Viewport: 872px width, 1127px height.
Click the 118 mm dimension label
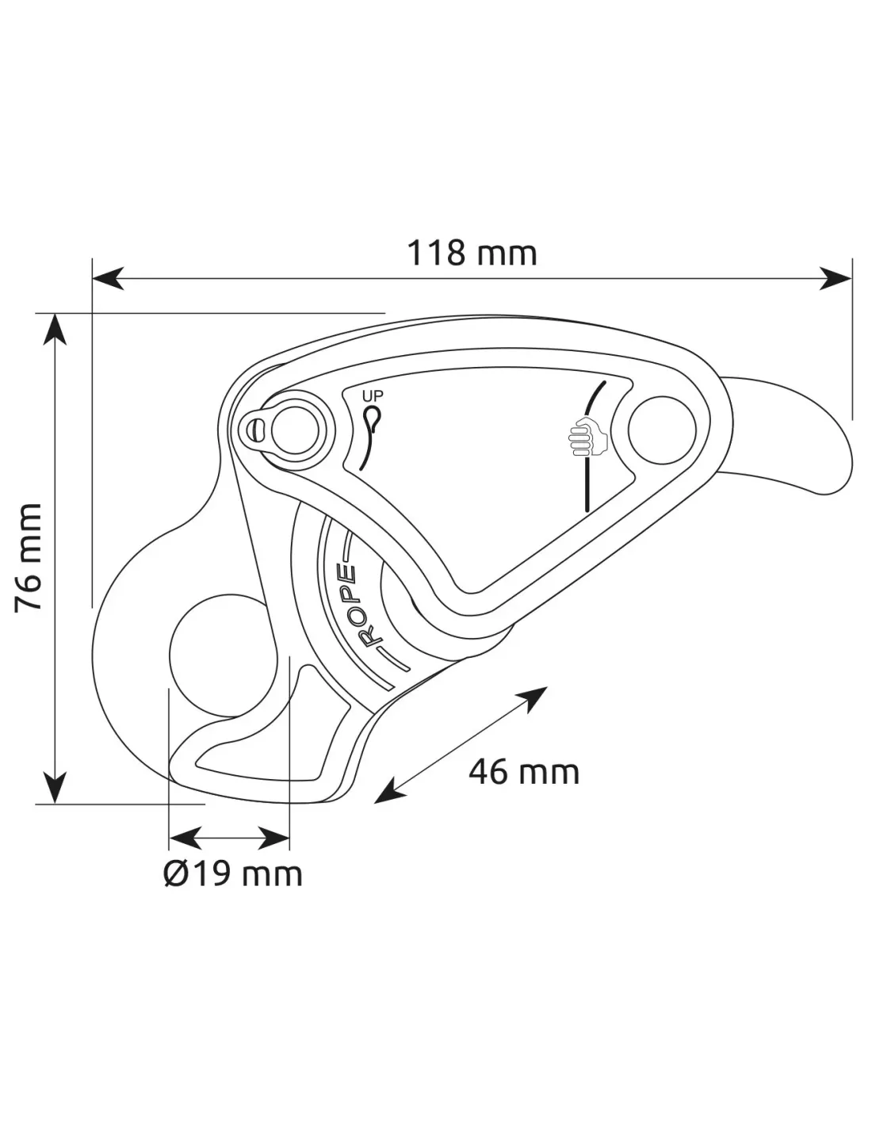pos(472,253)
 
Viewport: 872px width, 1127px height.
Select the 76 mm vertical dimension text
pos(29,557)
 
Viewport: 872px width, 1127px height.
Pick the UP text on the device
pos(373,396)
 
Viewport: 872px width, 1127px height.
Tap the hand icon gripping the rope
pos(588,437)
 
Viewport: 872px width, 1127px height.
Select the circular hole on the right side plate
pos(662,430)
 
